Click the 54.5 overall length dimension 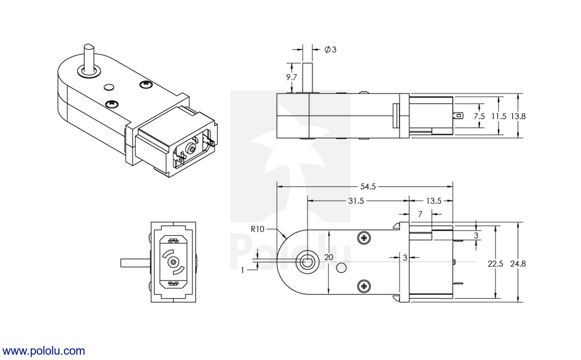point(368,187)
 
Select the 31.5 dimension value point(356,201)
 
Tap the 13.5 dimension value point(434,201)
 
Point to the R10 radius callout point(257,229)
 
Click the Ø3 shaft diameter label point(330,49)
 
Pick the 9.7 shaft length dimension point(291,77)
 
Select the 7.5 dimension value point(479,116)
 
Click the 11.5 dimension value point(499,116)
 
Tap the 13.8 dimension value point(518,116)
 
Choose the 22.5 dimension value point(495,264)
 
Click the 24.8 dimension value point(518,264)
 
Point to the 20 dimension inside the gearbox point(329,257)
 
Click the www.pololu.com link point(44,351)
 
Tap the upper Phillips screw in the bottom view point(364,238)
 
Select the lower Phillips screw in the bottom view point(364,286)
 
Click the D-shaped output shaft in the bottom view point(307,262)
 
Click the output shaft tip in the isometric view point(89,47)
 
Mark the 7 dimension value point(420,214)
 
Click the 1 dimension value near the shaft point(243,270)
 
